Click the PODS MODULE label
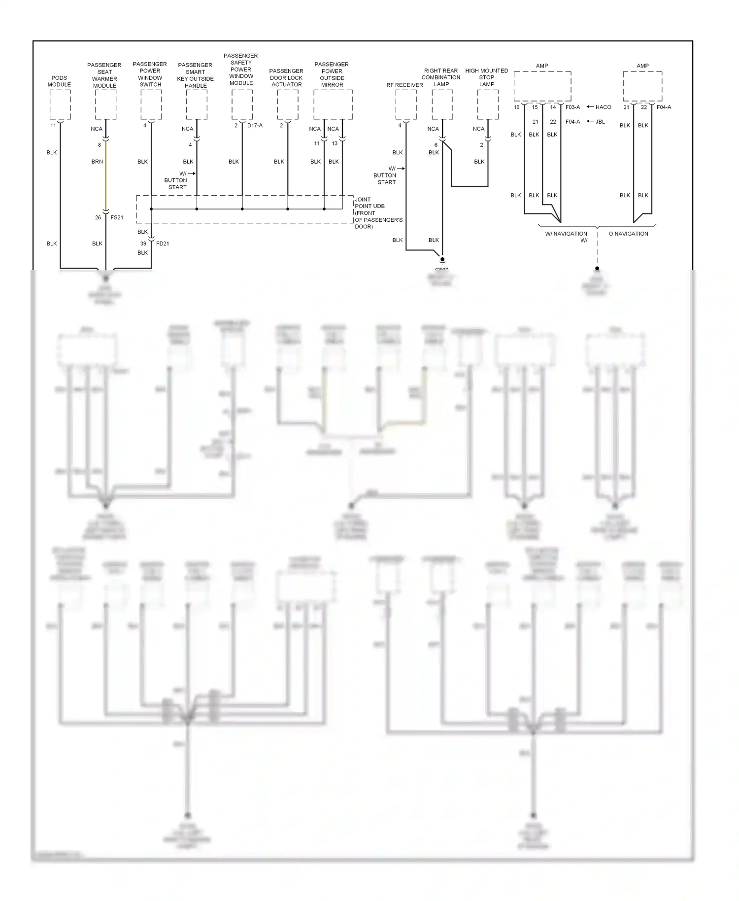pyautogui.click(x=59, y=81)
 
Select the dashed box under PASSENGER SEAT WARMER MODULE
pyautogui.click(x=105, y=104)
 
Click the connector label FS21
pyautogui.click(x=117, y=217)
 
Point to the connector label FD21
pyautogui.click(x=163, y=243)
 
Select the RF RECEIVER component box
pyautogui.click(x=405, y=104)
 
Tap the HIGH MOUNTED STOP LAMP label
pyautogui.click(x=486, y=77)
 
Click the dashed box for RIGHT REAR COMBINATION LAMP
pyautogui.click(x=442, y=104)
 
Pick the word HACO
pyautogui.click(x=603, y=107)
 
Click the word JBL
pyautogui.click(x=600, y=122)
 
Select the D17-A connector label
pyautogui.click(x=255, y=126)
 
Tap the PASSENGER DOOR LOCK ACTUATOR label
pyautogui.click(x=286, y=78)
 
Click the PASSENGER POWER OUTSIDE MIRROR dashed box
pyautogui.click(x=333, y=104)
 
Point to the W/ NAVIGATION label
pyautogui.click(x=566, y=234)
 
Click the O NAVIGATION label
pyautogui.click(x=628, y=234)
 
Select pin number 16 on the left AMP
pyautogui.click(x=516, y=107)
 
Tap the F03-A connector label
pyautogui.click(x=572, y=107)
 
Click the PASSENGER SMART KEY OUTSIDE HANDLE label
pyautogui.click(x=195, y=75)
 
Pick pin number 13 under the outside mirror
pyautogui.click(x=335, y=143)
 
